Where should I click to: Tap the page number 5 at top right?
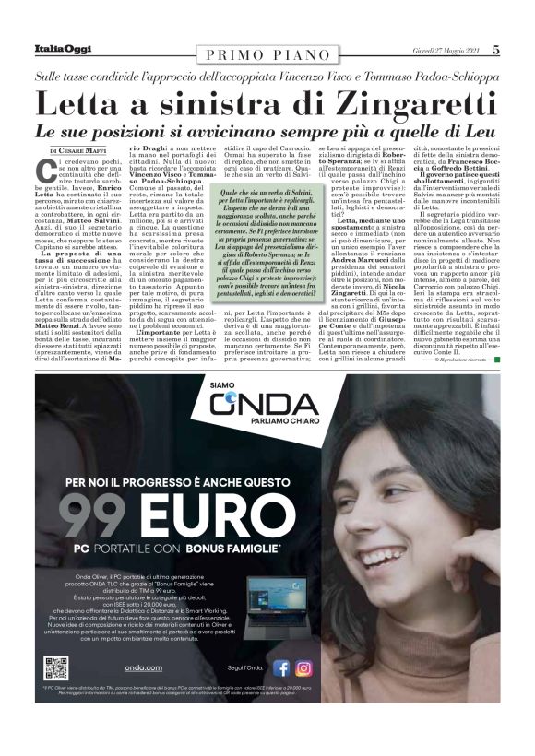coord(495,50)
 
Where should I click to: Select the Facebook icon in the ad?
coord(281,668)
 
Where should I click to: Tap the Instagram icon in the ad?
coord(303,668)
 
